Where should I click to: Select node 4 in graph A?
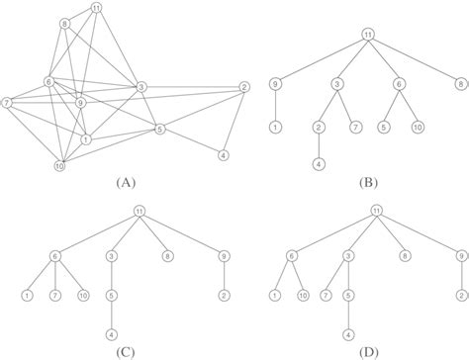pyautogui.click(x=223, y=155)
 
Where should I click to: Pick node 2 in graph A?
pyautogui.click(x=243, y=89)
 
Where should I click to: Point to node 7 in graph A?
pyautogui.click(x=8, y=101)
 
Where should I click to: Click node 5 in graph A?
pyautogui.click(x=160, y=129)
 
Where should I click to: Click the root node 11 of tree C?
pyautogui.click(x=140, y=210)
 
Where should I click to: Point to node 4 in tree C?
pyautogui.click(x=112, y=333)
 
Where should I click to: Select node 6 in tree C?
pyautogui.click(x=55, y=256)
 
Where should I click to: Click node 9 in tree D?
pyautogui.click(x=460, y=256)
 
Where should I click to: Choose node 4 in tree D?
pyautogui.click(x=348, y=333)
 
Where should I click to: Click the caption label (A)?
pyautogui.click(x=125, y=183)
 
